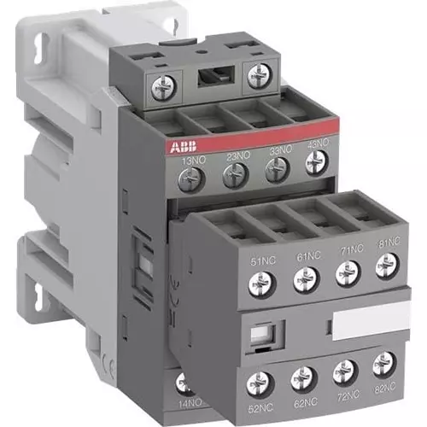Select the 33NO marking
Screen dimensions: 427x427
[x=278, y=155]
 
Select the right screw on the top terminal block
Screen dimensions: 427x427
[x=258, y=78]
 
